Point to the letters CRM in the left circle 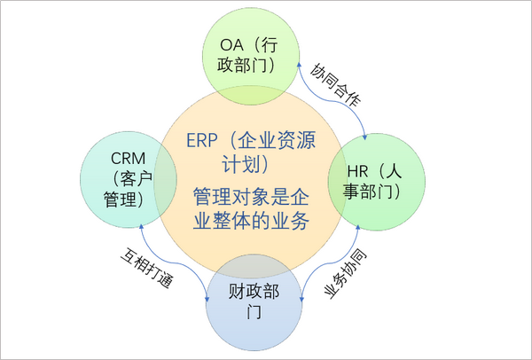pos(128,158)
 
